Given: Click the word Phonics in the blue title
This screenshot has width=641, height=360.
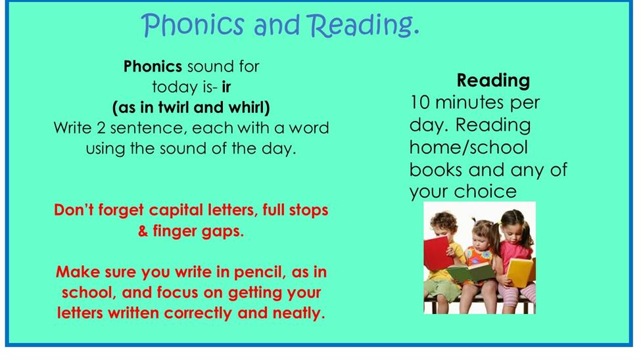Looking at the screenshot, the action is (193, 26).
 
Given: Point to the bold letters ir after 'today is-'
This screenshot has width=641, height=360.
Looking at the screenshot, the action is (226, 87).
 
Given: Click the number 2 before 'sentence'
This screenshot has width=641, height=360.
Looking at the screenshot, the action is (101, 128).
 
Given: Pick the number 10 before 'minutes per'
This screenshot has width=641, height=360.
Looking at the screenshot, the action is (419, 102).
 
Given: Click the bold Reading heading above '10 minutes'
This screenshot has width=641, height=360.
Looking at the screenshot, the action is (493, 81).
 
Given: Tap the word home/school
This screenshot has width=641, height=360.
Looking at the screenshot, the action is (469, 147).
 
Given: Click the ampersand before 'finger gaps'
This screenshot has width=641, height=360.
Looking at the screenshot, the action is (143, 231).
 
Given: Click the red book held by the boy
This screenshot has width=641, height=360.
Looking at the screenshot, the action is (437, 254).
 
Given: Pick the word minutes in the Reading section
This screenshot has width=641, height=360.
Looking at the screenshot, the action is (469, 102).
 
